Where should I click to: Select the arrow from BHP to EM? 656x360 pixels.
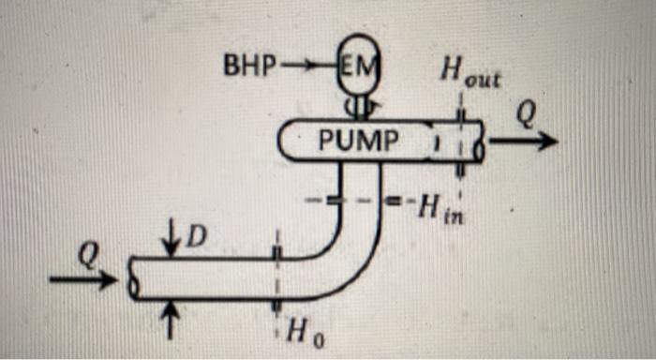coord(302,67)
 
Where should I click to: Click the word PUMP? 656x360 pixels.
coord(358,142)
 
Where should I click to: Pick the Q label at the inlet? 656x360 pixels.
coord(87,254)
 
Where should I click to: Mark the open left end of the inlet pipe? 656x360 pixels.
coord(134,278)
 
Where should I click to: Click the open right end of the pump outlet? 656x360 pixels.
coord(479,142)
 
